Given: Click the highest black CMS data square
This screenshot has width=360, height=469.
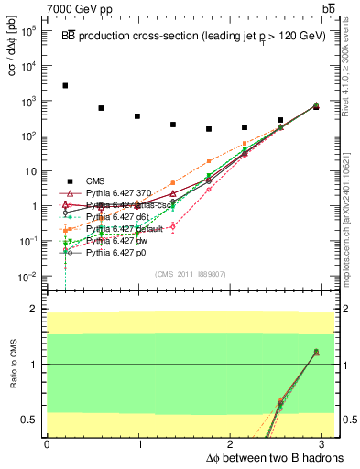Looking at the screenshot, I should [65, 85].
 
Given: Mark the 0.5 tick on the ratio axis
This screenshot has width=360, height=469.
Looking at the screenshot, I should [34, 420].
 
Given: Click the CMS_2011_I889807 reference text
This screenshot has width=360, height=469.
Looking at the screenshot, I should [187, 274].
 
